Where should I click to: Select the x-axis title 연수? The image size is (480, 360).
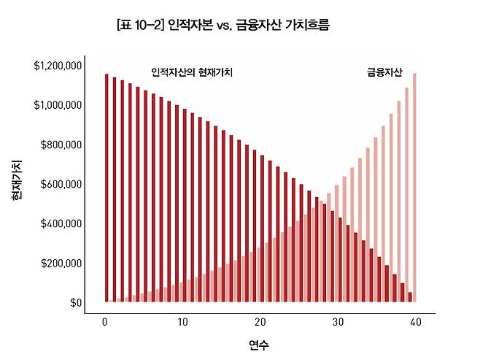click(x=259, y=344)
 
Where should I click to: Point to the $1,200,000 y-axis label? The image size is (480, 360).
click(x=58, y=66)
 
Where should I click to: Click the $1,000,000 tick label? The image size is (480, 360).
click(x=58, y=105)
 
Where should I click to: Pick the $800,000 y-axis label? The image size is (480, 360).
click(x=61, y=145)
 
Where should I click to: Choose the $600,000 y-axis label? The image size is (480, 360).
click(x=61, y=184)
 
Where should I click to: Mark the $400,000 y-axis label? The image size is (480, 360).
click(x=61, y=223)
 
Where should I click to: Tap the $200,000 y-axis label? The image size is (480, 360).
click(x=61, y=263)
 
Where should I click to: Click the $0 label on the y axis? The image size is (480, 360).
click(x=76, y=302)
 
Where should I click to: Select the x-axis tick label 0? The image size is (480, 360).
click(x=105, y=321)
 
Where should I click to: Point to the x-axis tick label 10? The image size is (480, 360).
click(x=182, y=321)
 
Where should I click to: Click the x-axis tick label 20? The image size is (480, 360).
click(x=260, y=321)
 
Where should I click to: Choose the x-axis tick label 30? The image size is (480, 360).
click(x=338, y=321)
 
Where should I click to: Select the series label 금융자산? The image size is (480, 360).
click(x=384, y=73)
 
